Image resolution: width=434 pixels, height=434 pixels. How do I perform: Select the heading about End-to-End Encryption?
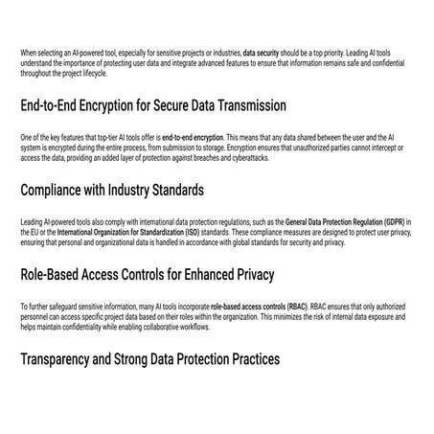[153, 104]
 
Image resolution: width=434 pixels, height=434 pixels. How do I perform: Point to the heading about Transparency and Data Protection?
[150, 359]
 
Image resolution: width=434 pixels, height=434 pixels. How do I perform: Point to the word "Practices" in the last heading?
[250, 359]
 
